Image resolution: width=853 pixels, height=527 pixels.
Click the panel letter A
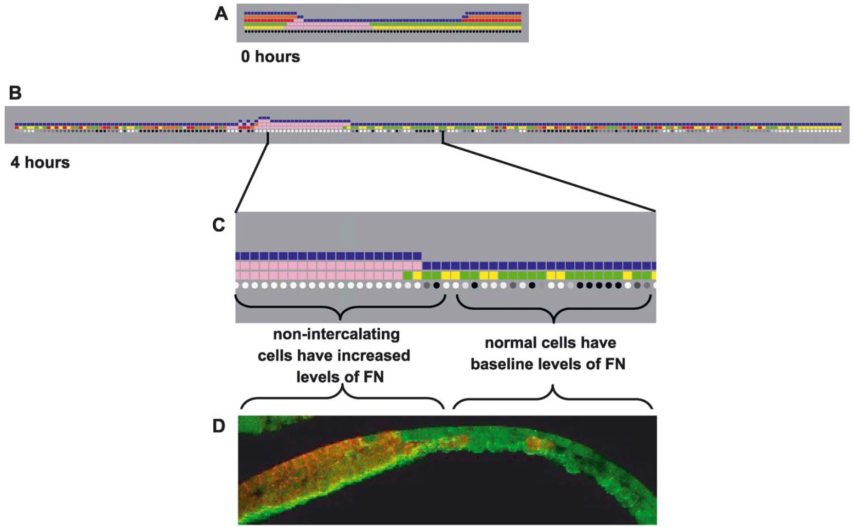pos(221,13)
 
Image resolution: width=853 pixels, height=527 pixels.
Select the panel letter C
pos(219,225)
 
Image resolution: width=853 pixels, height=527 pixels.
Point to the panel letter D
pos(219,426)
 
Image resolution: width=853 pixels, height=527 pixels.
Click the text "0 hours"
pos(270,56)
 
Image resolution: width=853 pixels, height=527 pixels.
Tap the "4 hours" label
pos(40,162)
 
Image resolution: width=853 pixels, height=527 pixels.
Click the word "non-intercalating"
pos(336,334)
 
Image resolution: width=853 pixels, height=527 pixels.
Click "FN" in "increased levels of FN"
pos(373,377)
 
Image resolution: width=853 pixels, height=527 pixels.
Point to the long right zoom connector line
pos(550,177)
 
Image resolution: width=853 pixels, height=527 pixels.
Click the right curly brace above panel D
pos(553,398)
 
